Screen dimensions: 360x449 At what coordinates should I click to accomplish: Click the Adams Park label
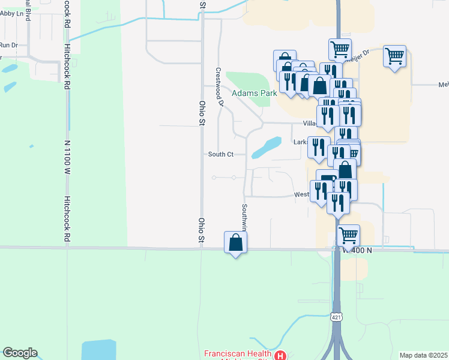(x=255, y=93)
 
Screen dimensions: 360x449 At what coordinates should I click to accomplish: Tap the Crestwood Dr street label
(x=219, y=86)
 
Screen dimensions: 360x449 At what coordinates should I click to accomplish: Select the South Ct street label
(x=220, y=154)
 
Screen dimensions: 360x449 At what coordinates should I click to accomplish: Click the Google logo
(x=20, y=353)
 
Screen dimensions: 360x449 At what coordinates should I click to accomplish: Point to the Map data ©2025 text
(x=423, y=355)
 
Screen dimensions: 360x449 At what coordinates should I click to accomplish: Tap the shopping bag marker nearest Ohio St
(x=235, y=243)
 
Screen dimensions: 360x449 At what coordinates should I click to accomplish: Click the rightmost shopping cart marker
(x=394, y=57)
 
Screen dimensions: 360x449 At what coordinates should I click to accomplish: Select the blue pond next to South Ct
(x=267, y=147)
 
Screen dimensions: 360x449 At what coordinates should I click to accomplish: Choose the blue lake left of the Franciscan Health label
(x=98, y=349)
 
